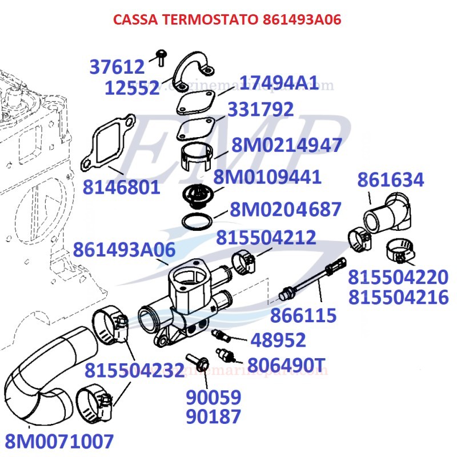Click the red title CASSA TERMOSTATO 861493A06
[227, 20]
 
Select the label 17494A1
[278, 83]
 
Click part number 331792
[260, 109]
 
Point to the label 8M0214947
[287, 145]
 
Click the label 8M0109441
[267, 177]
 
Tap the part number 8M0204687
[286, 210]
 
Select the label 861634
[391, 180]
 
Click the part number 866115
[303, 315]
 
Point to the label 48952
[278, 340]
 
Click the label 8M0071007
[59, 441]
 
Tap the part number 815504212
[266, 237]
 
